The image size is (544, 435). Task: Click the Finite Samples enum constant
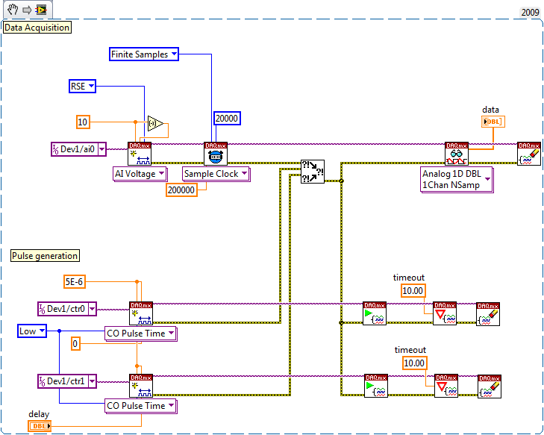tap(144, 54)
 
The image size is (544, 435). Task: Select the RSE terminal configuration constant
tap(83, 87)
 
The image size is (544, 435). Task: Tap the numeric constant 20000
tap(227, 118)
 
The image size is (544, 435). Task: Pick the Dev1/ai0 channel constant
tap(78, 149)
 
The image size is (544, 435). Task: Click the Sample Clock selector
tap(216, 173)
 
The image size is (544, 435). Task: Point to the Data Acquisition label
tap(37, 28)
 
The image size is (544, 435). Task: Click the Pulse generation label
tap(45, 255)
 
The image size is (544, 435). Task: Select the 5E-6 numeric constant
tap(78, 281)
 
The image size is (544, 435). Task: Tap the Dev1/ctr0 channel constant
tap(67, 308)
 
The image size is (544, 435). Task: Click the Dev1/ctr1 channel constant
tap(67, 381)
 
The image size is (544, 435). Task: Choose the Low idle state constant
tap(32, 331)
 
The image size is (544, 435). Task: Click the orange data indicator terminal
tap(493, 122)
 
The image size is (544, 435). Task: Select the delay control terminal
tap(40, 426)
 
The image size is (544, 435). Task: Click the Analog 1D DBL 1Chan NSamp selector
tap(457, 179)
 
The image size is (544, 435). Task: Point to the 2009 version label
tap(530, 12)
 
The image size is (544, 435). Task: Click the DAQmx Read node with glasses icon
tap(455, 153)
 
